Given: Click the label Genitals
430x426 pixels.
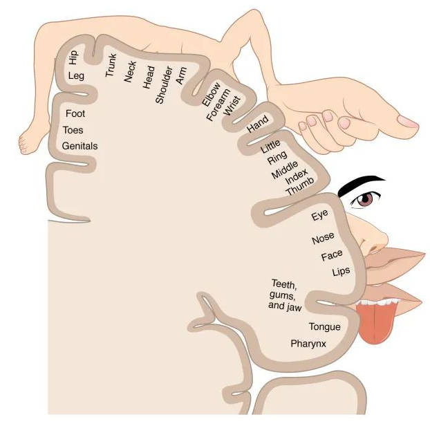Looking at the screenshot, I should click(80, 146).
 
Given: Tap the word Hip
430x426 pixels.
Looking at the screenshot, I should click(73, 56).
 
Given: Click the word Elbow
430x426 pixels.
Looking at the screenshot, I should click(210, 94).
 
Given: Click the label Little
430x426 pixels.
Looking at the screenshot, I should click(270, 147).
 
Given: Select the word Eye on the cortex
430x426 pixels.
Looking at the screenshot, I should click(319, 216).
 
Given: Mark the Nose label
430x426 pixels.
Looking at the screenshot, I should click(323, 239).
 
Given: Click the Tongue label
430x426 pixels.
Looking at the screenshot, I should click(324, 326).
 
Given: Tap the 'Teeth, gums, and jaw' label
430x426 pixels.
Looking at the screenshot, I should click(284, 295).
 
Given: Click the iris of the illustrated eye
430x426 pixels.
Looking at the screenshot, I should click(364, 200).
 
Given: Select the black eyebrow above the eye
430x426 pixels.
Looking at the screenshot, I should click(363, 183).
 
